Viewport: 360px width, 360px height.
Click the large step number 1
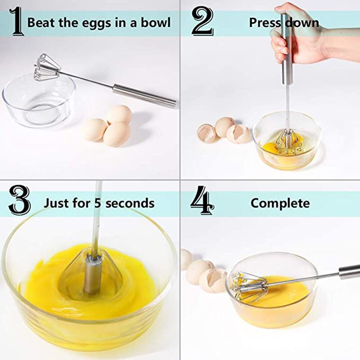pyautogui.click(x=17, y=21)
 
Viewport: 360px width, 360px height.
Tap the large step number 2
pyautogui.click(x=202, y=21)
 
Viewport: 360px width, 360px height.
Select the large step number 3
pyautogui.click(x=19, y=202)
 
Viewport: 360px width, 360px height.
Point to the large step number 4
pyautogui.click(x=202, y=202)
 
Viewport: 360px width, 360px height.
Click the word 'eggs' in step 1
pyautogui.click(x=86, y=22)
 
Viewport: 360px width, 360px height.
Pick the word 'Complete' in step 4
pyautogui.click(x=280, y=203)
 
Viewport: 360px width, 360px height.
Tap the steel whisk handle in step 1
pyautogui.click(x=144, y=95)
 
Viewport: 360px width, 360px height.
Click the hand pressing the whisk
pyautogui.click(x=297, y=34)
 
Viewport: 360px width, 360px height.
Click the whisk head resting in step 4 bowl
pyautogui.click(x=250, y=287)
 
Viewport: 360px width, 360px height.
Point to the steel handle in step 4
pyautogui.click(x=349, y=271)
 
